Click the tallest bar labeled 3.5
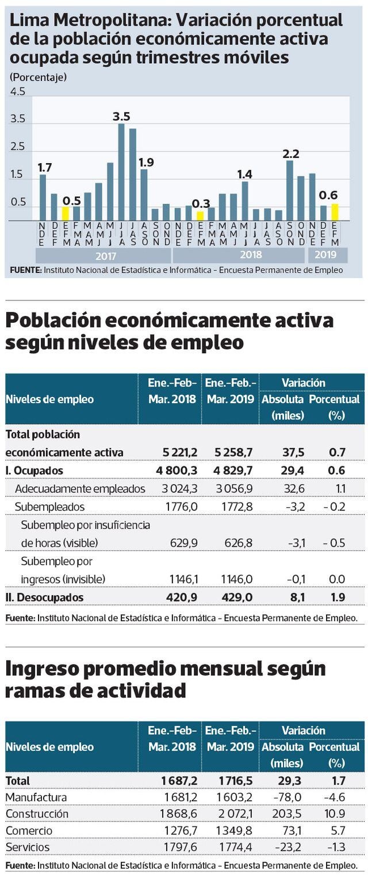121,172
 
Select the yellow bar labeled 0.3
200,216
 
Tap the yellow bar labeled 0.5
66,214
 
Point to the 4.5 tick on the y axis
18,92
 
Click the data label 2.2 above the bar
292,153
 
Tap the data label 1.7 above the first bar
45,168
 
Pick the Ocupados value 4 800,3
177,470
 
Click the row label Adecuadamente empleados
80,489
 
